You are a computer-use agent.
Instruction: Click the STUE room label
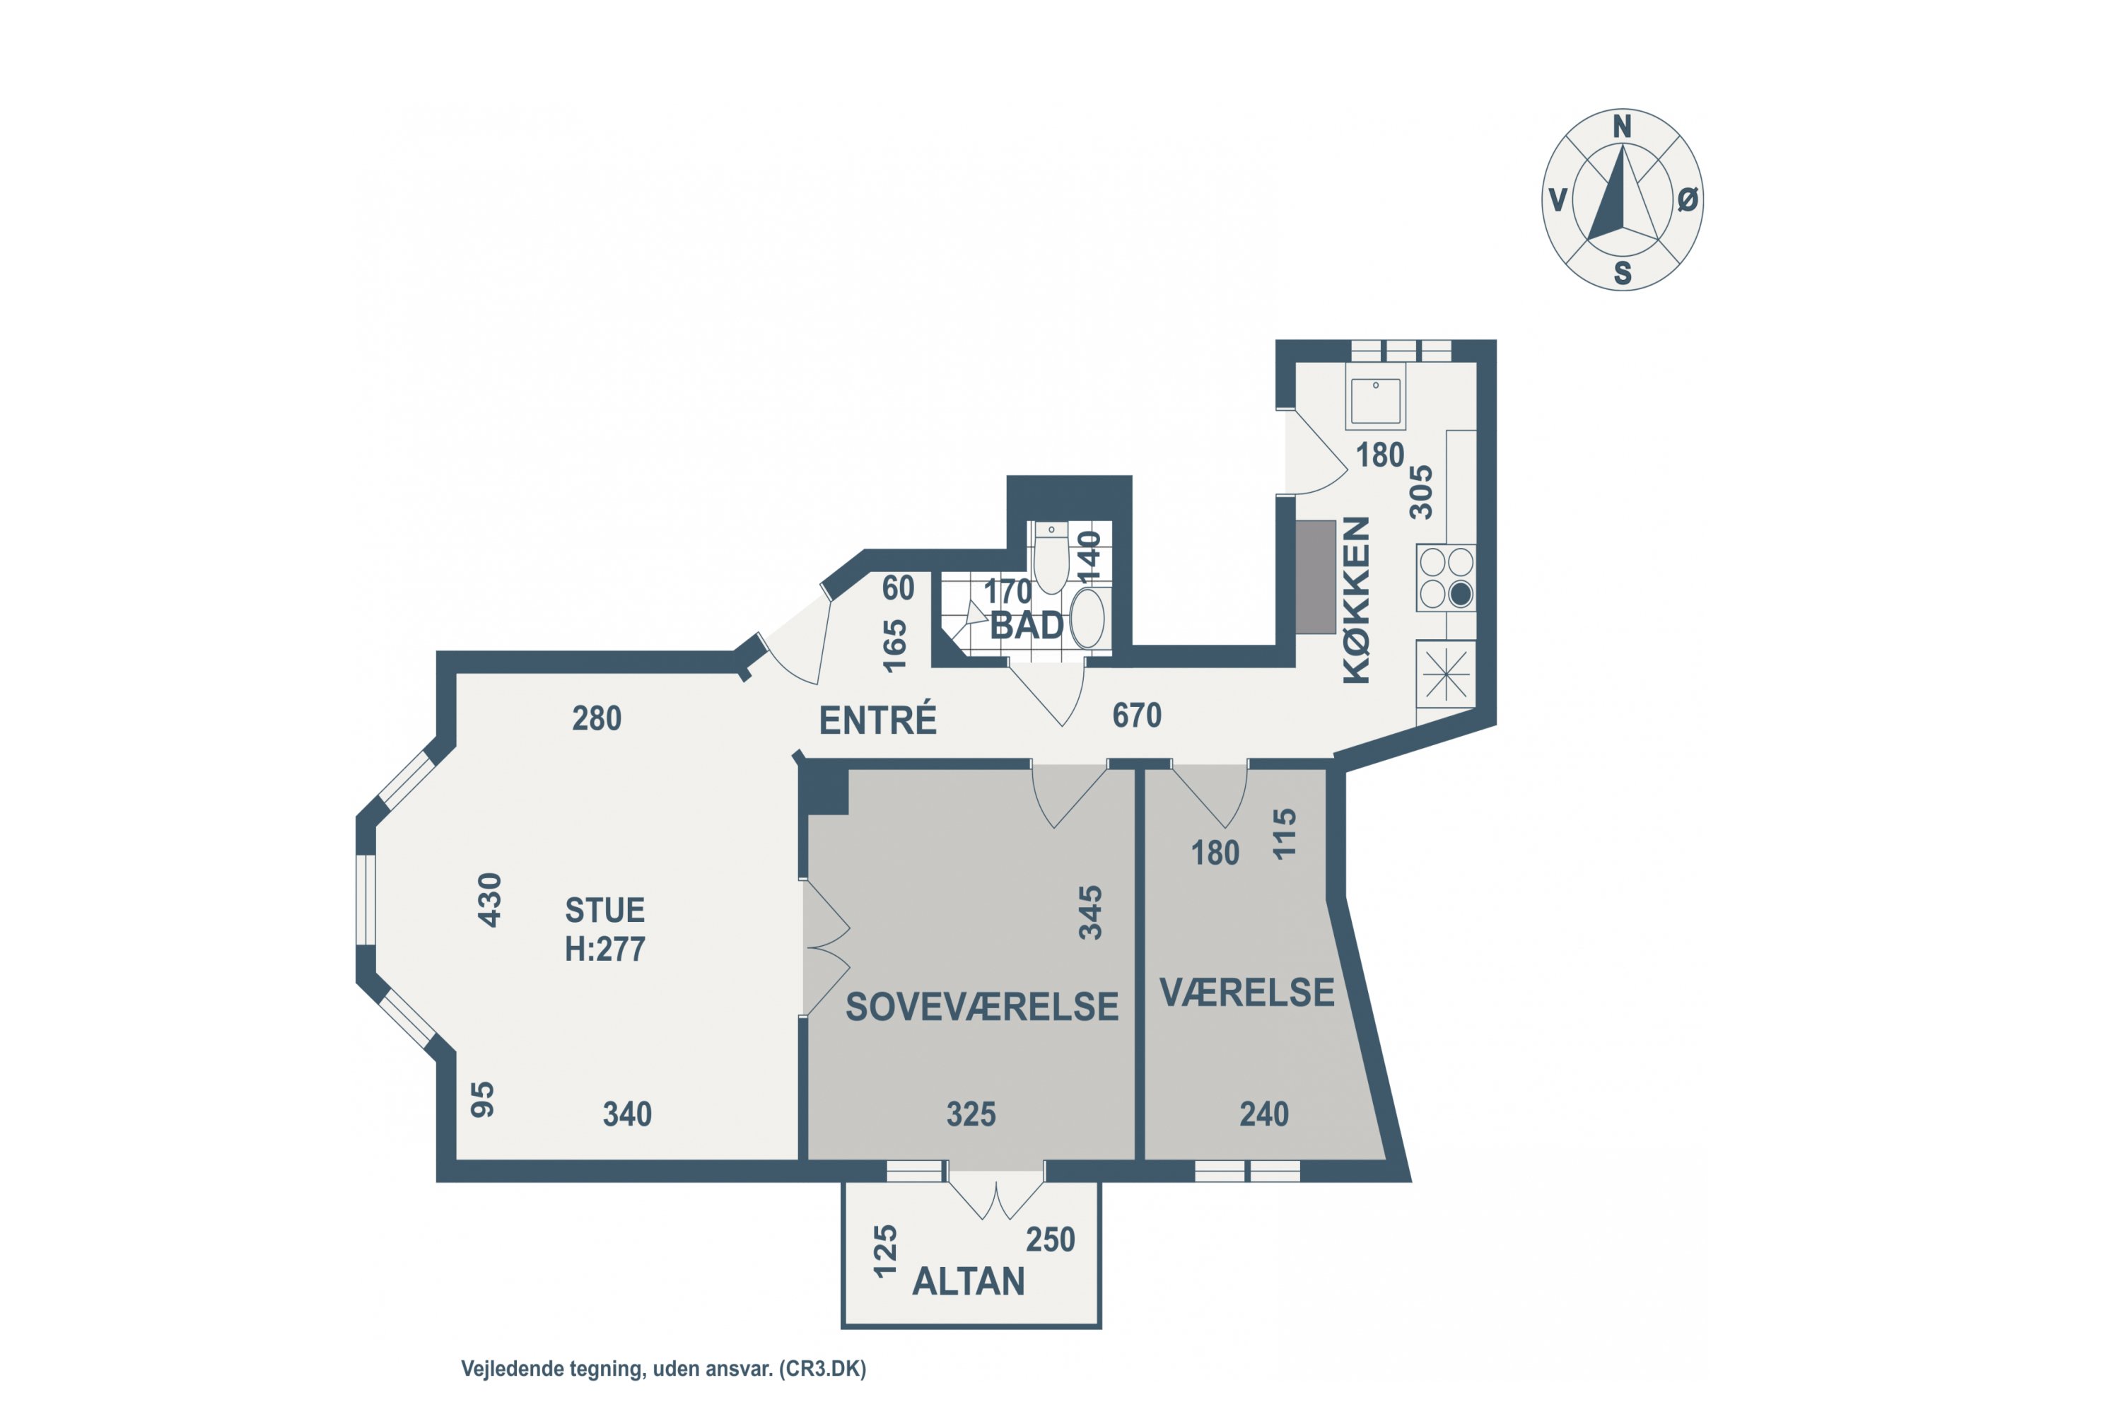click(605, 910)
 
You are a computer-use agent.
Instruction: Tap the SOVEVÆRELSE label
click(982, 1006)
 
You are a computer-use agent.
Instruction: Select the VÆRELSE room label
click(1247, 992)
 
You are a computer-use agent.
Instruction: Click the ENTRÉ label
click(877, 720)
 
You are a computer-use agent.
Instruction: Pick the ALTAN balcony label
click(969, 1281)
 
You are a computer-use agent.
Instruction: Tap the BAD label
click(1027, 625)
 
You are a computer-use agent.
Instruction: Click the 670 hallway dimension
click(1136, 715)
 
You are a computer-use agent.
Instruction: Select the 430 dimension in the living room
click(489, 899)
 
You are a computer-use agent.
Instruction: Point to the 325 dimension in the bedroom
click(971, 1115)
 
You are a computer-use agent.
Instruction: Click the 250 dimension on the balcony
click(1051, 1240)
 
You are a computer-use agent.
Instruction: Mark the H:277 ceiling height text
click(605, 950)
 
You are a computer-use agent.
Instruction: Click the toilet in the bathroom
click(1051, 556)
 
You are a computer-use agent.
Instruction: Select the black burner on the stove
click(1461, 593)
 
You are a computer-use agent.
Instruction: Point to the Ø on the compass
click(1687, 199)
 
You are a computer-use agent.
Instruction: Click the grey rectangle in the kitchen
click(1316, 577)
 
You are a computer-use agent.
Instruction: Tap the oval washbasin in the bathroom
click(1087, 618)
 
